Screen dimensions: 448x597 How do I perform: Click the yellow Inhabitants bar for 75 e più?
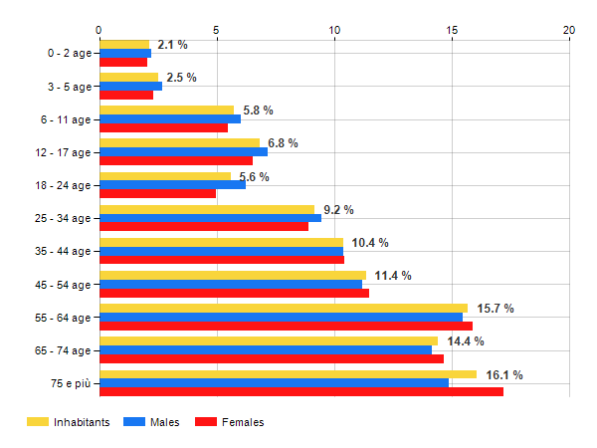[288, 374]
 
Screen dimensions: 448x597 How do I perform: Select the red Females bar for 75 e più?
[301, 391]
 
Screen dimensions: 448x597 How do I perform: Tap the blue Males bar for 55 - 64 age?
[281, 317]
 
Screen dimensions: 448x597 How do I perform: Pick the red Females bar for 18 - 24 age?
[157, 193]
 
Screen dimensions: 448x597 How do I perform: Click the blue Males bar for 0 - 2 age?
[125, 53]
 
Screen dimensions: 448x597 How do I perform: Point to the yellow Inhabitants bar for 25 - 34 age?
[207, 209]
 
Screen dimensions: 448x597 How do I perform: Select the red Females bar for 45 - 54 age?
[234, 293]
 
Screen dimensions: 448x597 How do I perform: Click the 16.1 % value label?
[503, 375]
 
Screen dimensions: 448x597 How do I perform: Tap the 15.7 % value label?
[495, 309]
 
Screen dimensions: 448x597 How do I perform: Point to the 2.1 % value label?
[172, 45]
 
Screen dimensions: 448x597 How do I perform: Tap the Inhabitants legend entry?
[69, 422]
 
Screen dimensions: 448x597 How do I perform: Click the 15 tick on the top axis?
[452, 30]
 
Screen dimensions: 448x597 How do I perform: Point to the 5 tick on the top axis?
[217, 30]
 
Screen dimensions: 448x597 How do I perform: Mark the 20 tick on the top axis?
[569, 30]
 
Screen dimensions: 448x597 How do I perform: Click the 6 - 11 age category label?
[63, 119]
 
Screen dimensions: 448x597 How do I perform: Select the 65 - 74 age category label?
[60, 350]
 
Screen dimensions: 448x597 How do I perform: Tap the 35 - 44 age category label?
[60, 251]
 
